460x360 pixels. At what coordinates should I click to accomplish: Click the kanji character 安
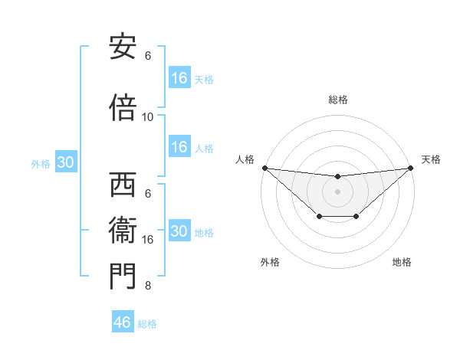123,47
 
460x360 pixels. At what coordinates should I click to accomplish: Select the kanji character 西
123,185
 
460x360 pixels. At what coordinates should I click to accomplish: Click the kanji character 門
123,277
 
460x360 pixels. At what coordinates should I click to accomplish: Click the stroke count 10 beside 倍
148,117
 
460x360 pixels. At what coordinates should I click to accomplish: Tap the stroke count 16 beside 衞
148,240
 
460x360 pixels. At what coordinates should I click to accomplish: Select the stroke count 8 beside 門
148,286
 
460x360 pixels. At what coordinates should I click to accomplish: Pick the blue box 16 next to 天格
179,78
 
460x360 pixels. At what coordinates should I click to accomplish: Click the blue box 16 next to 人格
179,147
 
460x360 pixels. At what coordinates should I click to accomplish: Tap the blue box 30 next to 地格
179,231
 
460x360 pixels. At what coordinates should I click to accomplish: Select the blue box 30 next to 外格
65,162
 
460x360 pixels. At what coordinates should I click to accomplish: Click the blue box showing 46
123,322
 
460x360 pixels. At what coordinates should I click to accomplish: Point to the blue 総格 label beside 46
147,324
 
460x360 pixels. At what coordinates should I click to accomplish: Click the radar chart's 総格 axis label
337,100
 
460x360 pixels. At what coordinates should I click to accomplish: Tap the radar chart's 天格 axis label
431,159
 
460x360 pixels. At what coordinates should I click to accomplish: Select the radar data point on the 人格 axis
264,168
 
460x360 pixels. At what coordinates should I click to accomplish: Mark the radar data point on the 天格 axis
410,168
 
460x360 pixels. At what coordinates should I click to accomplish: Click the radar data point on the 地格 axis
356,217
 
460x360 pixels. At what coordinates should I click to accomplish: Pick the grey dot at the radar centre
337,191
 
